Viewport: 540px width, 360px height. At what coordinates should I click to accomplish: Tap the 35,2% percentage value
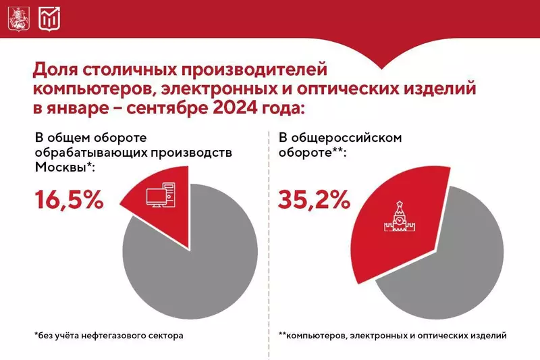(314, 200)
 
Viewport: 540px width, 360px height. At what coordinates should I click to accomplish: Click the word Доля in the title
(53, 69)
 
